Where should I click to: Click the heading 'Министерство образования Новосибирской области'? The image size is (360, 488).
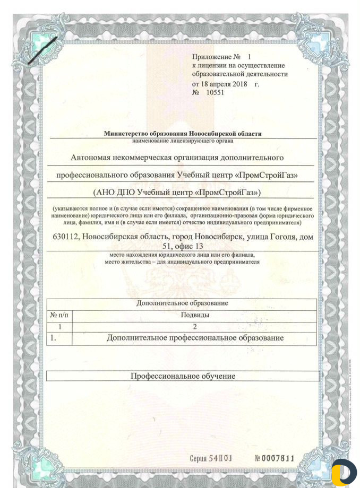tap(183, 134)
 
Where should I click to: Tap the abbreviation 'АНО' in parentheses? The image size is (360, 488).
tap(109, 191)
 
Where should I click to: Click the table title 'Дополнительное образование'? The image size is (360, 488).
tap(182, 303)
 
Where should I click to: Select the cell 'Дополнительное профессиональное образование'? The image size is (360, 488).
tap(195, 338)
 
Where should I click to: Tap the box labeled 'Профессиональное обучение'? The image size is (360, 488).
tap(183, 376)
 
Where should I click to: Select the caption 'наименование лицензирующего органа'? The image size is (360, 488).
tap(182, 141)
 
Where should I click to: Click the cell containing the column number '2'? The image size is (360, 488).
tap(195, 326)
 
